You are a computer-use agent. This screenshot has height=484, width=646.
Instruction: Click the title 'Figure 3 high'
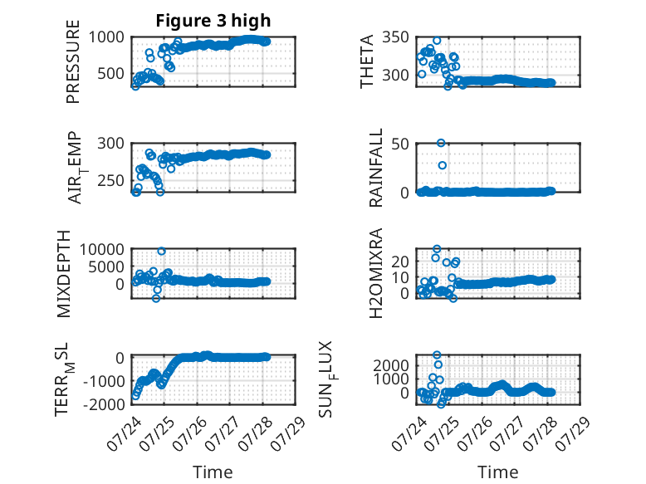point(213,20)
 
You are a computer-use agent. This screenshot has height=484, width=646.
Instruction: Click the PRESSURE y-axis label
point(72,61)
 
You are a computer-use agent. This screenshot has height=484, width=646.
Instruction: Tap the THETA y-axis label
point(366,61)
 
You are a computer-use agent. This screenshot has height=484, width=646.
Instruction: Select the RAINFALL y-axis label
point(376,168)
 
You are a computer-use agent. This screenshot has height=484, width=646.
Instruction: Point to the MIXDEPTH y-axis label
point(63,274)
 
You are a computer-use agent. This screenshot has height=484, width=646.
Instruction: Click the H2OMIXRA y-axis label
point(376,273)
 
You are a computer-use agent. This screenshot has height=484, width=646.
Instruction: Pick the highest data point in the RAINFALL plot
point(441,143)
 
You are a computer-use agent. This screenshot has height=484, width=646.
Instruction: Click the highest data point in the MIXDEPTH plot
point(161,252)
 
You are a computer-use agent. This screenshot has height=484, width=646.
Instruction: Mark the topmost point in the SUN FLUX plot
point(437,354)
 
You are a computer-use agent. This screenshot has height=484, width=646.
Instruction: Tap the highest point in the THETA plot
point(437,41)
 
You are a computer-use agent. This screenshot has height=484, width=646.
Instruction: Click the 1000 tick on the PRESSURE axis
point(106,37)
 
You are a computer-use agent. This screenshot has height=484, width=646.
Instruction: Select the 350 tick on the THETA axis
point(395,37)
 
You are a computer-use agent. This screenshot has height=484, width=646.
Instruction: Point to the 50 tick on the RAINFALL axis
point(400,144)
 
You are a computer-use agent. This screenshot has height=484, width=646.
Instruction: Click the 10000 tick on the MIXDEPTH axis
point(102,249)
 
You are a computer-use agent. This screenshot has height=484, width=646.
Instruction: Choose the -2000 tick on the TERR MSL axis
point(104,404)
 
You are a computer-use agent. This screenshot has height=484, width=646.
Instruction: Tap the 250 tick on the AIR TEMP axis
point(110,180)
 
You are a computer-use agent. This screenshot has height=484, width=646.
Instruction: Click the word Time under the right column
point(497,472)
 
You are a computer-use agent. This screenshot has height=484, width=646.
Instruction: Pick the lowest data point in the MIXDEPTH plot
point(156,298)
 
